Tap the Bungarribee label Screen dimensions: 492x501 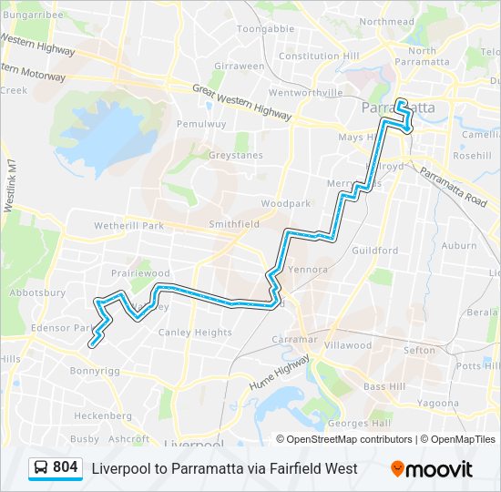[x=32, y=15]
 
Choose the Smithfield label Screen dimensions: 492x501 [x=234, y=223]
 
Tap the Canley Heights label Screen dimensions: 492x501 [x=195, y=333]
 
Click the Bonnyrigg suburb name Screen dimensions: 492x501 [x=95, y=371]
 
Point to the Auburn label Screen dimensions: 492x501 [x=458, y=245]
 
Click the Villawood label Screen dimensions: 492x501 [x=349, y=345]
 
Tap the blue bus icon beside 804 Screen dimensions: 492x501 [x=41, y=467]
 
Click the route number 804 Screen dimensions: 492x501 [x=65, y=467]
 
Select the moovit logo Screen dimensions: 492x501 [x=431, y=469]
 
